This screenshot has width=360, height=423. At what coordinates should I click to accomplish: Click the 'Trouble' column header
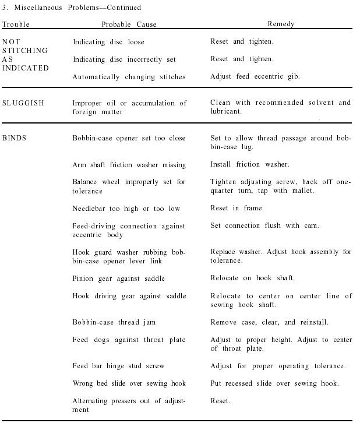(x=16, y=24)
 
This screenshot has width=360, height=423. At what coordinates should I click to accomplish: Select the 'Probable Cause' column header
(x=129, y=24)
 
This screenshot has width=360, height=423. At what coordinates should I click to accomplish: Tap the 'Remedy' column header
(x=281, y=24)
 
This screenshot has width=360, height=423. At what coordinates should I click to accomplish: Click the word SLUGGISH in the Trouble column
(x=23, y=103)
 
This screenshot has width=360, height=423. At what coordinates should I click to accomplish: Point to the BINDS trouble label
(x=15, y=138)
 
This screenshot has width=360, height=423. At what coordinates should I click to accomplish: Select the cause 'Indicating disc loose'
(x=108, y=42)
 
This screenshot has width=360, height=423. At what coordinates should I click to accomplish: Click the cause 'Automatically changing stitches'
(x=129, y=77)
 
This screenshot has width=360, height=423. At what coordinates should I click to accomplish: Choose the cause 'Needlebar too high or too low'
(x=126, y=209)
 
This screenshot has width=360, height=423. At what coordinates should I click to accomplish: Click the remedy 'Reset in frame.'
(x=237, y=208)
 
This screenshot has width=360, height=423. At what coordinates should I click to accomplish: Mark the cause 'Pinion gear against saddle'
(x=119, y=279)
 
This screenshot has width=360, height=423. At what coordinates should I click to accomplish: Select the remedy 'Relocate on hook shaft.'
(x=252, y=278)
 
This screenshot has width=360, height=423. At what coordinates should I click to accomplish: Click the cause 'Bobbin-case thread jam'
(x=114, y=322)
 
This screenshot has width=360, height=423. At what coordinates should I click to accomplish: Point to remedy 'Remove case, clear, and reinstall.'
(x=269, y=322)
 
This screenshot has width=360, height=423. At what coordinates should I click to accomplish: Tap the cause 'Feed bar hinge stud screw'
(x=118, y=366)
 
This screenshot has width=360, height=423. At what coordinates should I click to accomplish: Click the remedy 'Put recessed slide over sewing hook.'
(x=274, y=383)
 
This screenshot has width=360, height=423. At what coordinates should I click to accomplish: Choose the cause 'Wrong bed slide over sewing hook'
(x=129, y=383)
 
